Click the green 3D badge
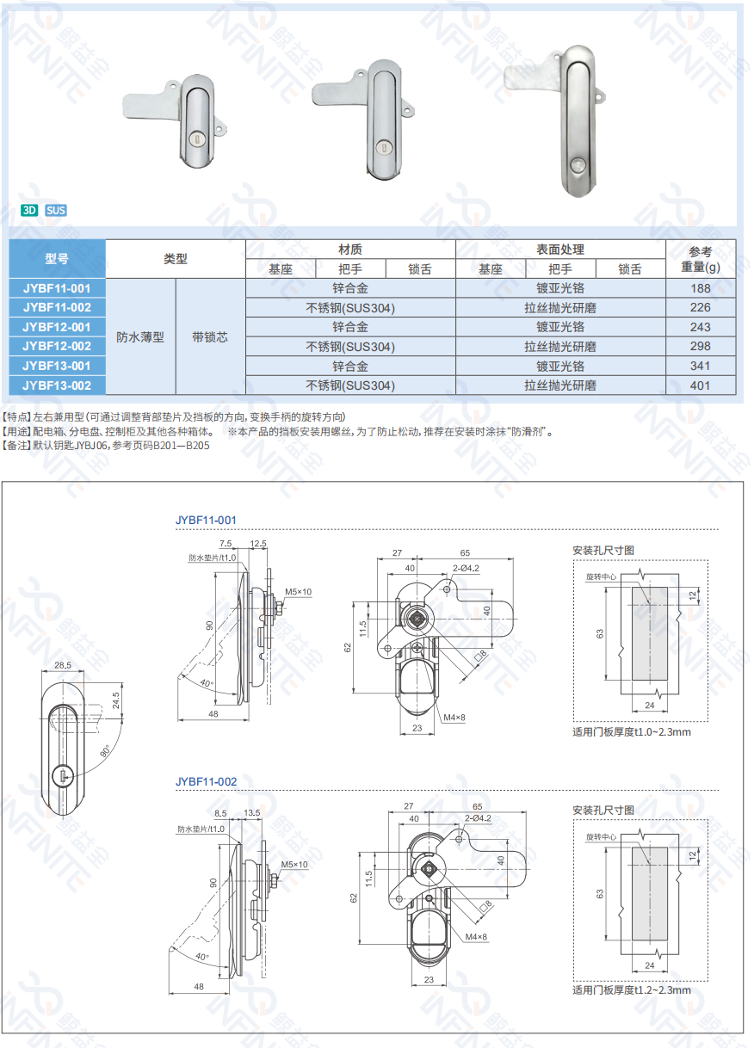29,210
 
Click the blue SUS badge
56,210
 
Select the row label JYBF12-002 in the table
57,346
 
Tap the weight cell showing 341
700,366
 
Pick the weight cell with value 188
700,288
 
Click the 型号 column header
57,259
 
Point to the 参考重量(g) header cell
700,259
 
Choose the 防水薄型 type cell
140,337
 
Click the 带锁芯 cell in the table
210,337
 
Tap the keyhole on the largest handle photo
578,164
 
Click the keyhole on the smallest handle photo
196,139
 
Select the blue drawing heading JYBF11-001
206,520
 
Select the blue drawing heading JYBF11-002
206,781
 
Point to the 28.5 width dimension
63,665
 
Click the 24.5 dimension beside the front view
116,700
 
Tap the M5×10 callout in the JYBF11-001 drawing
298,592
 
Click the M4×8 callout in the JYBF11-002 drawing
476,937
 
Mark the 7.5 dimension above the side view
226,543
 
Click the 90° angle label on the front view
105,751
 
